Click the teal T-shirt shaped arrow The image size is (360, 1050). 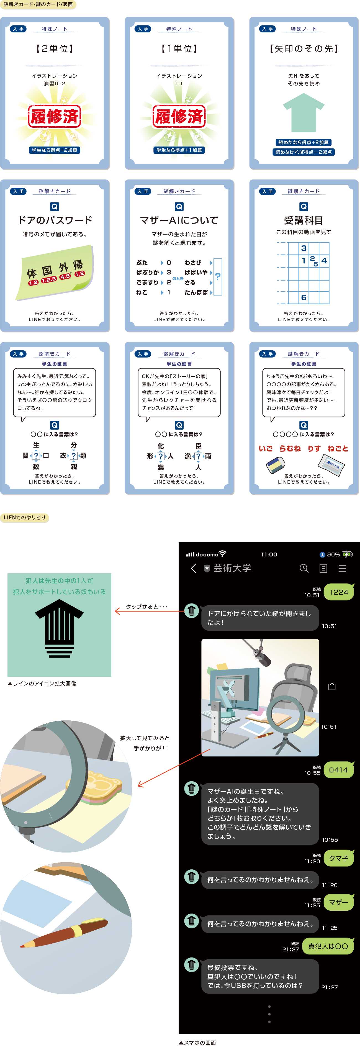[303, 112]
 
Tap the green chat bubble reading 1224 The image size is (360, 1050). [339, 592]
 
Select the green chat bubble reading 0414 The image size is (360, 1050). [338, 769]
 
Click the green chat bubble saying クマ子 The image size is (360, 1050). [339, 858]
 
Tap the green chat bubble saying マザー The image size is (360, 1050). [339, 902]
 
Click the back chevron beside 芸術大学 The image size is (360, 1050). [194, 568]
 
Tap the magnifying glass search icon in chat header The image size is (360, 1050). [304, 568]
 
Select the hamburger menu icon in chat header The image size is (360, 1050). [342, 568]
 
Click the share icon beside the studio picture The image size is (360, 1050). [332, 686]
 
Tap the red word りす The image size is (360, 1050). [314, 448]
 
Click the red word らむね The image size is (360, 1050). [290, 448]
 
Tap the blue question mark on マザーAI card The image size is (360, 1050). [218, 277]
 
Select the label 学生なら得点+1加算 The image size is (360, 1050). [179, 150]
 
